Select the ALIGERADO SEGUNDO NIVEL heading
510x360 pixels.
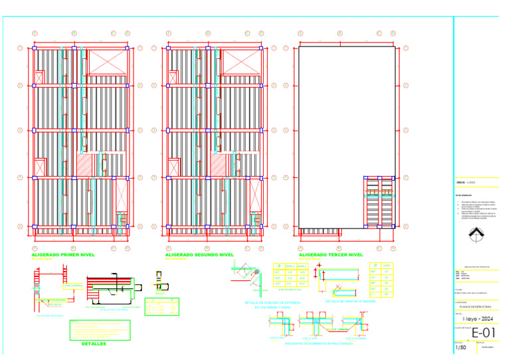[199, 254]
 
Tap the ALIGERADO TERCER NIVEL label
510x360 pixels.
[331, 254]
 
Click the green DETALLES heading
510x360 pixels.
[93, 344]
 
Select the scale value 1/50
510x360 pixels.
[460, 347]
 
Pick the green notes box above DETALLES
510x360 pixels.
[100, 329]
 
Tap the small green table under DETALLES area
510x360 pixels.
[163, 307]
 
